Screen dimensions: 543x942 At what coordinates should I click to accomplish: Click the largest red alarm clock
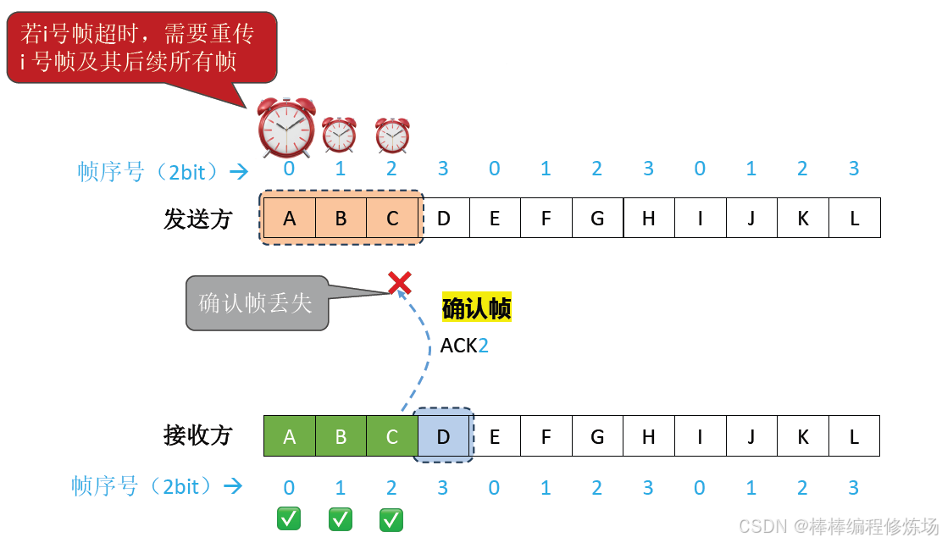(x=286, y=127)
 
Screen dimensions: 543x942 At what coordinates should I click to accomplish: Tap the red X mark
(x=399, y=282)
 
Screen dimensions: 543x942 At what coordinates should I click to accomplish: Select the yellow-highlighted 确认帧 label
(x=476, y=308)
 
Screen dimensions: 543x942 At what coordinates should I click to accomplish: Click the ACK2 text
(x=464, y=346)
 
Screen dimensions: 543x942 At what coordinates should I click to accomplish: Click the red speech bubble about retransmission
(x=141, y=47)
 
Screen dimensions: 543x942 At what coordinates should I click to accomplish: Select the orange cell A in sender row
(x=290, y=219)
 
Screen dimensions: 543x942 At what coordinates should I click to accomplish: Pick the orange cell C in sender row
(x=392, y=219)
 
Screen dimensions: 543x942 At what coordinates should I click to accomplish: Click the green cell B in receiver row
(x=341, y=437)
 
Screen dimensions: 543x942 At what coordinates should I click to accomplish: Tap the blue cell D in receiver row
(x=443, y=437)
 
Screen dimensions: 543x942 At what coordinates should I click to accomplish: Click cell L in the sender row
(x=854, y=219)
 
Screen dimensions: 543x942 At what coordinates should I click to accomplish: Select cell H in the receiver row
(x=649, y=437)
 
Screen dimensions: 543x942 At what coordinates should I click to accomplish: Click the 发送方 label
(x=197, y=219)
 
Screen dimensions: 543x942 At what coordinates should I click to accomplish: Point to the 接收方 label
(x=197, y=436)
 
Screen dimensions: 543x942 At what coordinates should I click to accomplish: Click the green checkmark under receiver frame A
(x=289, y=518)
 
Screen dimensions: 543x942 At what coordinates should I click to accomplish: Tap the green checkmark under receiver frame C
(x=391, y=518)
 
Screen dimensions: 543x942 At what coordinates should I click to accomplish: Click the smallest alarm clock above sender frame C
(x=392, y=136)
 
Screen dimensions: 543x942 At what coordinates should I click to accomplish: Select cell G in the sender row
(x=597, y=219)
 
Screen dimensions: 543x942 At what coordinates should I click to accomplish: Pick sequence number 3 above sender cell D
(x=443, y=169)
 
